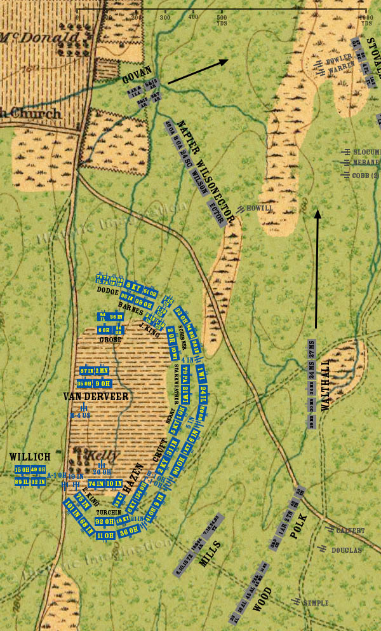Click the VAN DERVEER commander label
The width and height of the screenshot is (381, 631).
pos(96,396)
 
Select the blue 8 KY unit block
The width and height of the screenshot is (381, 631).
pos(133,285)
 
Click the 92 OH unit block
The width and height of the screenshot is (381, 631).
pos(104,522)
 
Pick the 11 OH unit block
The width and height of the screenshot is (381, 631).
pos(105,536)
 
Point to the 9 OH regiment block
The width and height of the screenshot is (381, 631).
pos(103,384)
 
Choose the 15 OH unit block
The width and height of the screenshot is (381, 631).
pos(22,470)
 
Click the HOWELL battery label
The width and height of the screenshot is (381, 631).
pos(259,208)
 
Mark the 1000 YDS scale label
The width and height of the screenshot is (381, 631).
pos(365,19)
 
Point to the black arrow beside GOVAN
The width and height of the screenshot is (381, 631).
pos(197,72)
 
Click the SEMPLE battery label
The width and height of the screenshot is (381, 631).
pos(316,602)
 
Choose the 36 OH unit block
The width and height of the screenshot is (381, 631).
pos(129,530)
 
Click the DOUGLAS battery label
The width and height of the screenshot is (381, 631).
pos(346,550)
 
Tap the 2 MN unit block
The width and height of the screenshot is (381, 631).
pos(102,371)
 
